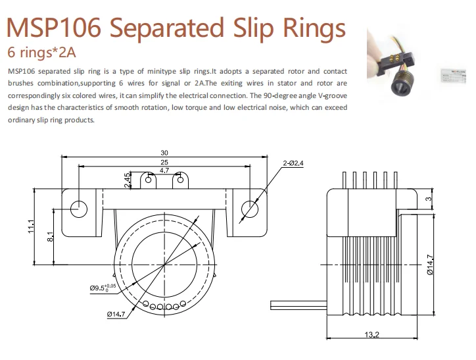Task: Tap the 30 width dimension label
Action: [x=164, y=153]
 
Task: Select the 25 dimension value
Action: [x=164, y=162]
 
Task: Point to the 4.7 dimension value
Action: [x=164, y=170]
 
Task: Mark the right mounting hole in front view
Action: [x=250, y=208]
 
